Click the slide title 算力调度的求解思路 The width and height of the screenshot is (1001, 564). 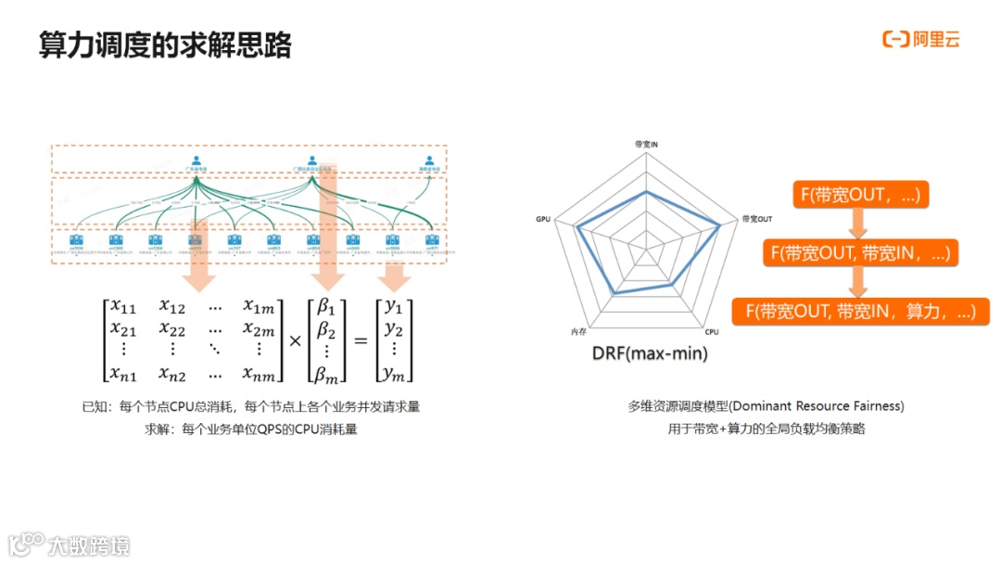point(165,44)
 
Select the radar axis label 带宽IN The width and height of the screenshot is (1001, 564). point(646,145)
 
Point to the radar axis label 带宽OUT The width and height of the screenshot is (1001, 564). point(756,219)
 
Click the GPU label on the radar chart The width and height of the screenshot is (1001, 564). point(543,219)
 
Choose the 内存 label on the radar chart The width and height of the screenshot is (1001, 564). point(578,331)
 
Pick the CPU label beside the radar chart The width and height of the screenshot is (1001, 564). point(712,331)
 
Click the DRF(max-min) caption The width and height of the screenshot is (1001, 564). point(649,353)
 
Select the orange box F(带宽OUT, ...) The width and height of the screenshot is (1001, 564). point(859,195)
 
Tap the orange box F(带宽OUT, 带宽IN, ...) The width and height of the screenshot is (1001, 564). point(859,252)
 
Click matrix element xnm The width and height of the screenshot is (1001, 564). point(259,373)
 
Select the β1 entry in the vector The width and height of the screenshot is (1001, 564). point(326,306)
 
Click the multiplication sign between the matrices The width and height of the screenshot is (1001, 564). point(295,340)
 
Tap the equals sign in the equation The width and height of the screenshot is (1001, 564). point(361,340)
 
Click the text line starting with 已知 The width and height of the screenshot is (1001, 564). point(251,407)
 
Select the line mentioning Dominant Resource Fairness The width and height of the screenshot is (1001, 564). point(766,406)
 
